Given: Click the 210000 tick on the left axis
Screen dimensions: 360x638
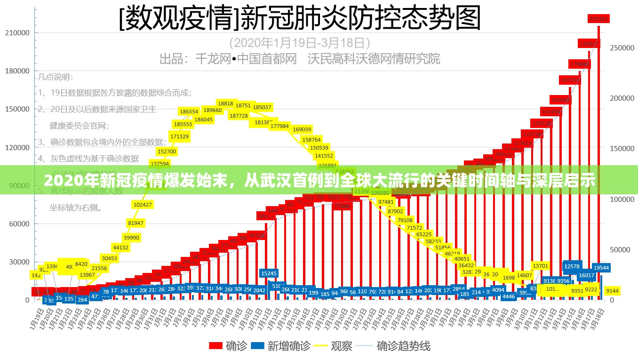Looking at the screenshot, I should click(x=17, y=33).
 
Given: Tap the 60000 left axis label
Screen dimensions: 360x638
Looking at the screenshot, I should click(x=19, y=224).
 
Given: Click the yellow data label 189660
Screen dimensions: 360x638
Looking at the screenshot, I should click(x=213, y=110).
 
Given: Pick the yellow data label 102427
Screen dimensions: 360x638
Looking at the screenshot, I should click(x=143, y=205).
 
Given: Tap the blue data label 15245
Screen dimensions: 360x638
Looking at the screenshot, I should click(x=269, y=273).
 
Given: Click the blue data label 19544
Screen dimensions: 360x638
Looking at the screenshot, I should click(x=601, y=268).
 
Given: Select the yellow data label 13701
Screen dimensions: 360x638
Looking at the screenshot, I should click(x=540, y=266).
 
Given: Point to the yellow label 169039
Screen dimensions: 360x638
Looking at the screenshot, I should click(x=302, y=129).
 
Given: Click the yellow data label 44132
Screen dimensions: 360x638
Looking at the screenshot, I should click(x=120, y=248).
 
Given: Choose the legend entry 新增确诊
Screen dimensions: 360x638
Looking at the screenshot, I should click(x=281, y=346).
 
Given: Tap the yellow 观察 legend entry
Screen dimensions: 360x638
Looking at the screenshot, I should click(x=334, y=346).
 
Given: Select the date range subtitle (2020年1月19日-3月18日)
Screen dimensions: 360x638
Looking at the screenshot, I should click(x=300, y=43).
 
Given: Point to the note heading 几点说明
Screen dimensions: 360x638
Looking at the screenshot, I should click(x=56, y=77).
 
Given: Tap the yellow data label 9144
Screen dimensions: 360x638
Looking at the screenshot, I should click(x=612, y=291).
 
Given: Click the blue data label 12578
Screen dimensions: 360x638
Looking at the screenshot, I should click(x=572, y=266).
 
